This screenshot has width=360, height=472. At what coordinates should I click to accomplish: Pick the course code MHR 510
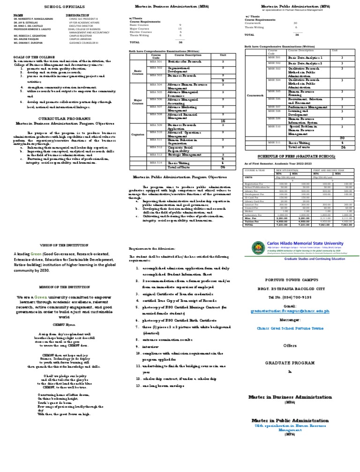(x=274, y=126)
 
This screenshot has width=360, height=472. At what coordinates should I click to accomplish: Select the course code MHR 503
(x=274, y=69)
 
